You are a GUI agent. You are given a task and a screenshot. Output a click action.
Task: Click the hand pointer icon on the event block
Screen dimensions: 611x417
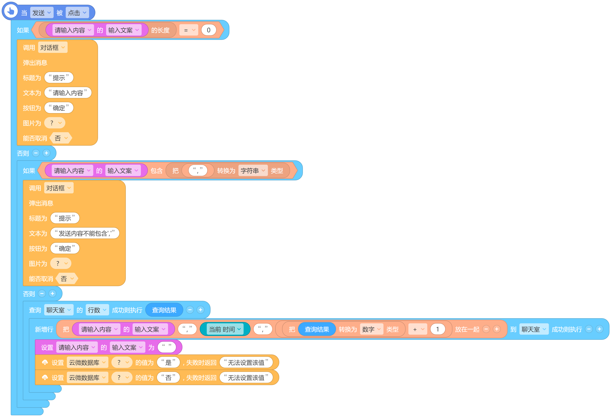click(x=11, y=11)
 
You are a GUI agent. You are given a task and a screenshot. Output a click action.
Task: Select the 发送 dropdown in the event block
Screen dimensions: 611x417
click(x=42, y=13)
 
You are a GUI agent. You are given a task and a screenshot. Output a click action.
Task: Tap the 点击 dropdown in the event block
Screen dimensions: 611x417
click(x=77, y=13)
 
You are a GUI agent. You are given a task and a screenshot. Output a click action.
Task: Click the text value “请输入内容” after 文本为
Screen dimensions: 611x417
click(x=68, y=93)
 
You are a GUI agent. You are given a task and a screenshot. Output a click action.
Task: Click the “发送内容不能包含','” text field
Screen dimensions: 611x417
click(x=85, y=233)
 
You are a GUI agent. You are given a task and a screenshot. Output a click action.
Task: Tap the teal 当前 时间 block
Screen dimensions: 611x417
click(x=225, y=329)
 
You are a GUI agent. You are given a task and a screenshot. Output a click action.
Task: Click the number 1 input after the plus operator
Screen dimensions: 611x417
click(x=437, y=329)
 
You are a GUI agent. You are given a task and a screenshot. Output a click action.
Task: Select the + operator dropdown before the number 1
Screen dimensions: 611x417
click(x=417, y=329)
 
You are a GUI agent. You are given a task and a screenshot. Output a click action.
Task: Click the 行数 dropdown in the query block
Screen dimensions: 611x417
click(x=97, y=310)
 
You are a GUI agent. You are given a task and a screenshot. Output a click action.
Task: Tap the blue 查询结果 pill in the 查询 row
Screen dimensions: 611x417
click(x=164, y=310)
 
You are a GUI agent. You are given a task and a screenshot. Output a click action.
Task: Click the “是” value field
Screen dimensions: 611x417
click(x=168, y=363)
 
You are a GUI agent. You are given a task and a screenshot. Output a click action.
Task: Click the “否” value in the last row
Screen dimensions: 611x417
click(x=168, y=378)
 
